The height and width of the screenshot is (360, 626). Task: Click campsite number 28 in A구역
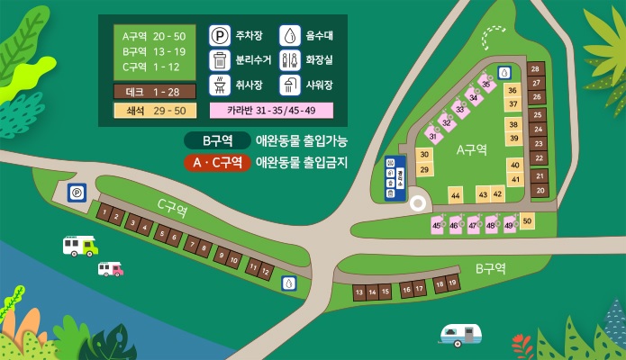click(536, 69)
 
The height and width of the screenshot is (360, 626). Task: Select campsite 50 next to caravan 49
click(527, 221)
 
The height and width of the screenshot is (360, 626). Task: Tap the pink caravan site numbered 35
click(486, 84)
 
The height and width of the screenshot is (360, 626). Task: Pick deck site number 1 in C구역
click(105, 213)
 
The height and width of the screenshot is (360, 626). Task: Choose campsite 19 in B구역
click(452, 283)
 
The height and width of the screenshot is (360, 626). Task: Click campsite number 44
click(456, 195)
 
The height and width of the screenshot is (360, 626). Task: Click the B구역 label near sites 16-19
click(490, 268)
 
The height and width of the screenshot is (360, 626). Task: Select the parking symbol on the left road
click(76, 193)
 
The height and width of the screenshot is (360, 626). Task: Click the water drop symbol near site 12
click(287, 283)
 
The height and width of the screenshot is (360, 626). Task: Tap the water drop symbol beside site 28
click(504, 71)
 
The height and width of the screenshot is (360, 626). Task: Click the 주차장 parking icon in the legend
click(219, 37)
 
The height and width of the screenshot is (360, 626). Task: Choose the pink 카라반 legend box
click(271, 111)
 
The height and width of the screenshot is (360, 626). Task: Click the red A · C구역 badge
click(216, 163)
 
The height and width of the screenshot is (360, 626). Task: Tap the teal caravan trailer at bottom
click(461, 335)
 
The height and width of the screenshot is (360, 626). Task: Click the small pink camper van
click(110, 268)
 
